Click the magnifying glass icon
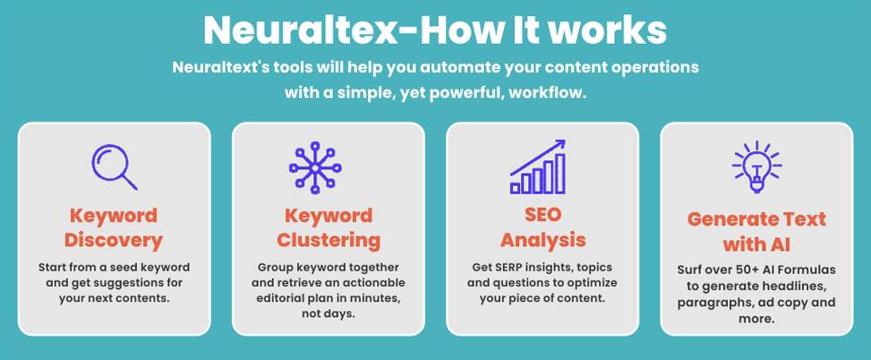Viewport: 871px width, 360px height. [x=114, y=167]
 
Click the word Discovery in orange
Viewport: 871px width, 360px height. [x=114, y=240]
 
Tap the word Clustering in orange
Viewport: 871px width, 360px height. [x=328, y=240]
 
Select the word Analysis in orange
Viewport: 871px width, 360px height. [x=542, y=240]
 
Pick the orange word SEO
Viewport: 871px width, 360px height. [x=542, y=216]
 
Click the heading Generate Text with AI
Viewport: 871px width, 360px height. [x=756, y=231]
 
